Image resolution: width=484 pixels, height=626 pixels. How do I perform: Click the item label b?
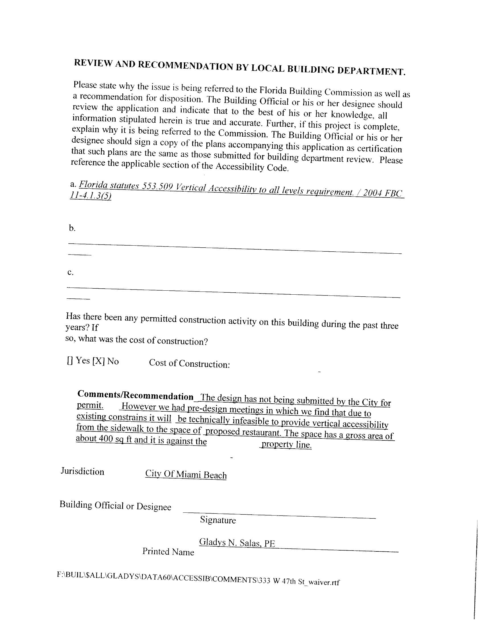click(x=72, y=228)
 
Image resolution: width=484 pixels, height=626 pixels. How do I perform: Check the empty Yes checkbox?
click(x=70, y=361)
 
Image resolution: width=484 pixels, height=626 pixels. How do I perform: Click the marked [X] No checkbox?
click(x=98, y=361)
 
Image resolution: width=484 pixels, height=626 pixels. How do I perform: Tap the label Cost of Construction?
click(x=189, y=364)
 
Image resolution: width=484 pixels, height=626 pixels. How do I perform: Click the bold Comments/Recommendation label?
click(x=135, y=395)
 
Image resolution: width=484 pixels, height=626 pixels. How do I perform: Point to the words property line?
click(x=286, y=445)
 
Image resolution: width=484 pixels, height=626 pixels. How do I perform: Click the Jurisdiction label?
click(x=82, y=471)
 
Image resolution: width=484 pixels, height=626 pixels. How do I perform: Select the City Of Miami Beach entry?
click(x=186, y=474)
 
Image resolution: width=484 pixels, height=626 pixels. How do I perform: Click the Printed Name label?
click(x=168, y=551)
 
